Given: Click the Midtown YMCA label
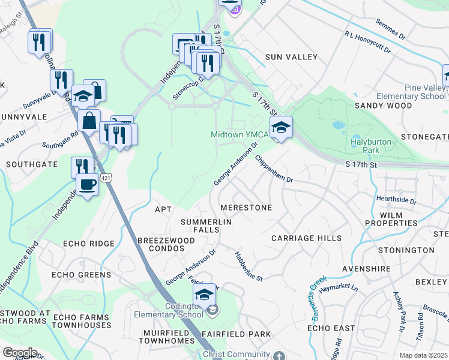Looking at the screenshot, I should pyautogui.click(x=239, y=134).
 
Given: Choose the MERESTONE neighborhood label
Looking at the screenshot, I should pyautogui.click(x=246, y=208).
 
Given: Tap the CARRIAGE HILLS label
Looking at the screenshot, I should pyautogui.click(x=306, y=238).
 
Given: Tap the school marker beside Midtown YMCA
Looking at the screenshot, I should pyautogui.click(x=280, y=128).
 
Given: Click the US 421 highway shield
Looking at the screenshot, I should pyautogui.click(x=106, y=178).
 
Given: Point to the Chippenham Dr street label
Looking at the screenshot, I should pyautogui.click(x=273, y=169).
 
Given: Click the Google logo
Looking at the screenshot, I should pyautogui.click(x=20, y=352).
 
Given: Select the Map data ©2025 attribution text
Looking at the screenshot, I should pyautogui.click(x=423, y=355).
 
